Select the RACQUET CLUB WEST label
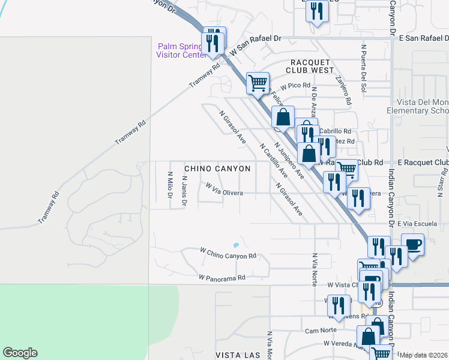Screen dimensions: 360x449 (x=311, y=66)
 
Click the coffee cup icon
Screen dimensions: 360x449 (x=412, y=244)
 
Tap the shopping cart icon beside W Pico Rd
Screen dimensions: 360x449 (x=258, y=83)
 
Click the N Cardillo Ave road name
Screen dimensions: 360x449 (x=273, y=160)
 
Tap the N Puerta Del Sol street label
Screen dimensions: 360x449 (x=363, y=66)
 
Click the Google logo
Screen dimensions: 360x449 (x=20, y=353)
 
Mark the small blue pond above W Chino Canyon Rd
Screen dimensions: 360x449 (x=235, y=245)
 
